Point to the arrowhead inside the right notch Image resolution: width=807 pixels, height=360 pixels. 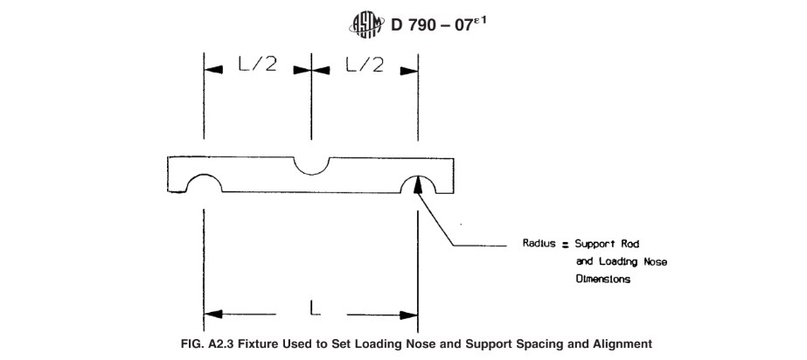coord(420,183)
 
